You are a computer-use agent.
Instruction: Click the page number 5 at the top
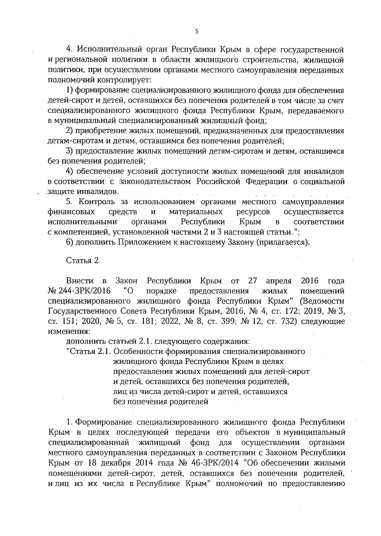197,31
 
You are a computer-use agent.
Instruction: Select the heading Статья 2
82,260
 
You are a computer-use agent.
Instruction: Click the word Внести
80,281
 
